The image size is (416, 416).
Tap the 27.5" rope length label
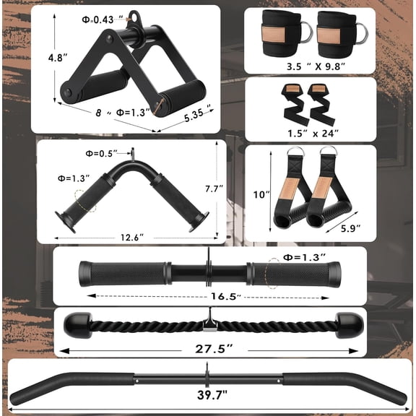pos(209,348)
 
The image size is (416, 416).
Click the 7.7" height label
pos(232,188)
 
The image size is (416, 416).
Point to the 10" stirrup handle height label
pos(261,194)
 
